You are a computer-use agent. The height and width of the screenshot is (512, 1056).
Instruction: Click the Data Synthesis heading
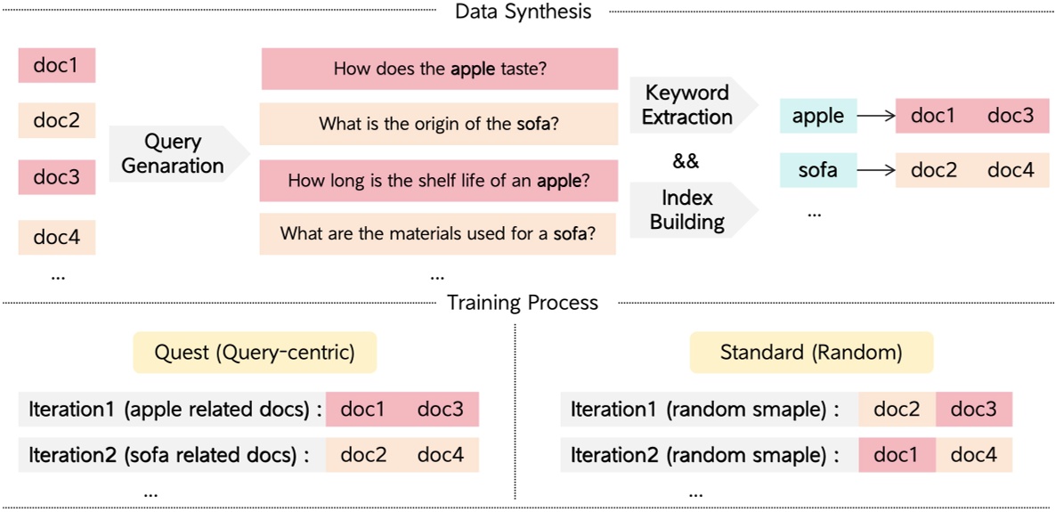tap(523, 12)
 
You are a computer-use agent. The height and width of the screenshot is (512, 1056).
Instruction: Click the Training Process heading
tap(523, 303)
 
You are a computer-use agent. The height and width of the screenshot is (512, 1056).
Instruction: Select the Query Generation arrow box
tap(174, 153)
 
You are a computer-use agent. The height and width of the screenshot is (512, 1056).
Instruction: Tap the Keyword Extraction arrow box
tap(687, 104)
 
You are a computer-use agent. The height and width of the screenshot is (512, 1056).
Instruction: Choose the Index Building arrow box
tap(687, 209)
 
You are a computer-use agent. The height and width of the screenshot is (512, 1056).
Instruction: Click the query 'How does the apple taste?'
tap(439, 69)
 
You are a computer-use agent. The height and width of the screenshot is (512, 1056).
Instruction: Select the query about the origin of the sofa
tap(439, 124)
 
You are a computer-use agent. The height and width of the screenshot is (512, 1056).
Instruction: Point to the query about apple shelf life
tap(439, 181)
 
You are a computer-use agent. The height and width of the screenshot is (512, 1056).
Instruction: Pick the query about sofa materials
tap(439, 234)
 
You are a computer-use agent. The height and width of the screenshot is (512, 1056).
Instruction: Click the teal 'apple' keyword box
tap(817, 117)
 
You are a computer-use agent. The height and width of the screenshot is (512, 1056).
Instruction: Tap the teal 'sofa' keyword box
tap(817, 169)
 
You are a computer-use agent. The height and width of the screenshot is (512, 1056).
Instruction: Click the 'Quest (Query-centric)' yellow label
tap(255, 353)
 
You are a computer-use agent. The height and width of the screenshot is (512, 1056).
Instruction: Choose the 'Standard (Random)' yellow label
tap(811, 353)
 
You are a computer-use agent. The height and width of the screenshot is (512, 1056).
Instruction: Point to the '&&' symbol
tap(686, 161)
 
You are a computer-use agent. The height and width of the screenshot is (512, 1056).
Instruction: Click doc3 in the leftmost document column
tap(57, 177)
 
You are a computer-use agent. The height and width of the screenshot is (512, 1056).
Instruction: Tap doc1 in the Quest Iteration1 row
tap(364, 410)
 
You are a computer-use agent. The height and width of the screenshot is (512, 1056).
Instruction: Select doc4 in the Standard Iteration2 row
tap(974, 455)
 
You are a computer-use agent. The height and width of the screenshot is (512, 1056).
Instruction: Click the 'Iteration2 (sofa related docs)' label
tap(168, 455)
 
